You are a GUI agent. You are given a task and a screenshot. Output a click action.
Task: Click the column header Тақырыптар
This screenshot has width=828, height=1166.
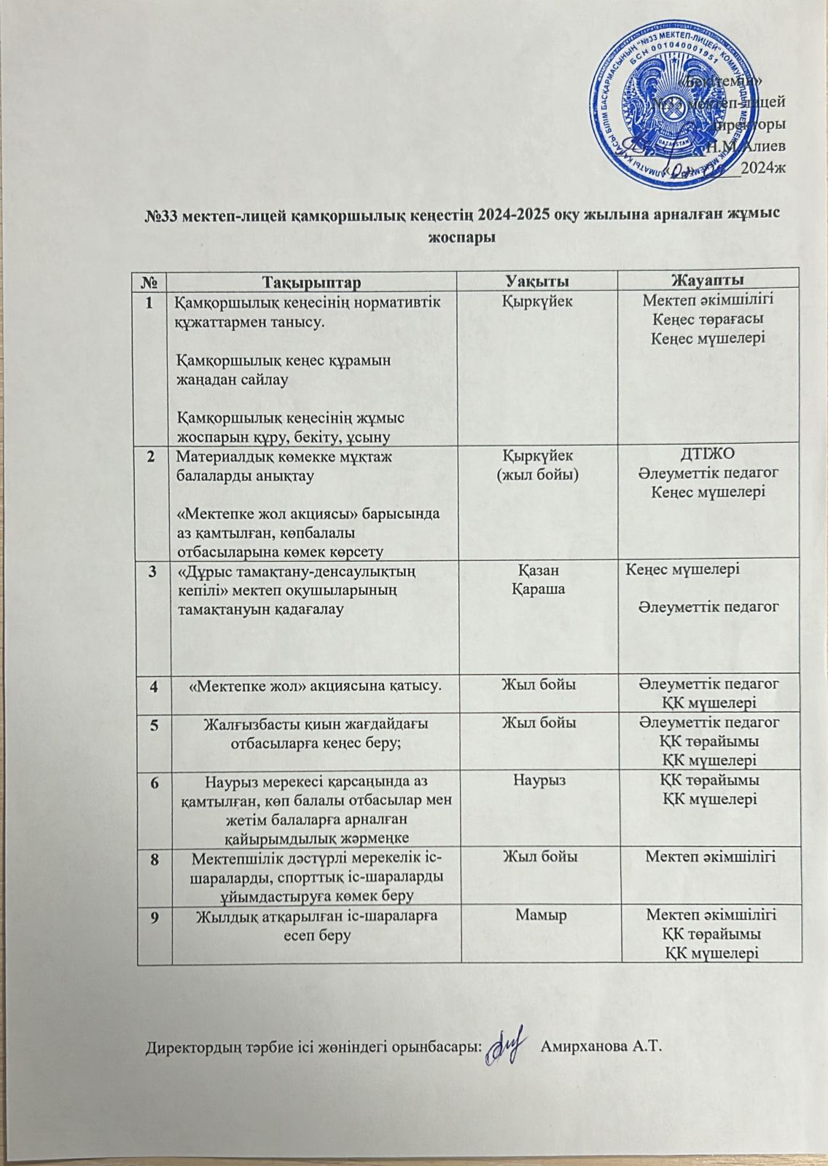point(313,281)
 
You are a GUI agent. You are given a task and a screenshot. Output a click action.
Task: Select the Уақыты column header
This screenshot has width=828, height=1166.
point(538,281)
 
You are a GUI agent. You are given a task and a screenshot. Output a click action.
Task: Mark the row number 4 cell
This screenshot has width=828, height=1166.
point(154,685)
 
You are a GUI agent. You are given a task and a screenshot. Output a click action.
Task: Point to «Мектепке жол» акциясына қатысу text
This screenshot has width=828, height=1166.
point(314,685)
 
